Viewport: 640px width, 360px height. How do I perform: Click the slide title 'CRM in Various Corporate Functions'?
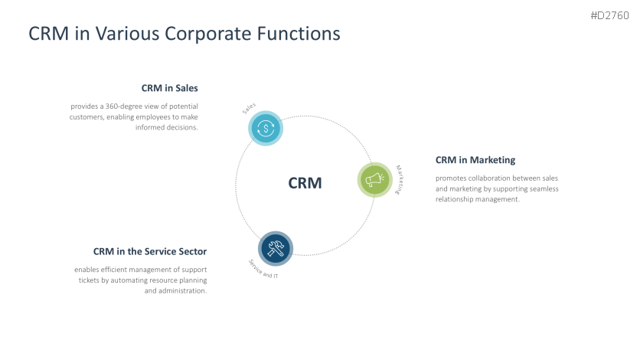pyautogui.click(x=184, y=34)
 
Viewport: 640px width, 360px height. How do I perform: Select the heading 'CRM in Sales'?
pyautogui.click(x=169, y=88)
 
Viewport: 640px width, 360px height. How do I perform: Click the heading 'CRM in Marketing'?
pyautogui.click(x=475, y=160)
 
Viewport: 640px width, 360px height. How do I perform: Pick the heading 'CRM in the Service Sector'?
pyautogui.click(x=150, y=251)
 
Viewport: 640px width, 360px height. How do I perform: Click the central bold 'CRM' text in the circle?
pyautogui.click(x=305, y=183)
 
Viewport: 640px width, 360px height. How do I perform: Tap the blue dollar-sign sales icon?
pyautogui.click(x=266, y=128)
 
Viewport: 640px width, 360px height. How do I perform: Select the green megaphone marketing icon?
pyautogui.click(x=375, y=180)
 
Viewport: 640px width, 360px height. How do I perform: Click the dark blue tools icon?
pyautogui.click(x=276, y=247)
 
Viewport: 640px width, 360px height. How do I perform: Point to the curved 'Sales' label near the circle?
pyautogui.click(x=249, y=110)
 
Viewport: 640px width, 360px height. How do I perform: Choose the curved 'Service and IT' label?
pyautogui.click(x=263, y=268)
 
